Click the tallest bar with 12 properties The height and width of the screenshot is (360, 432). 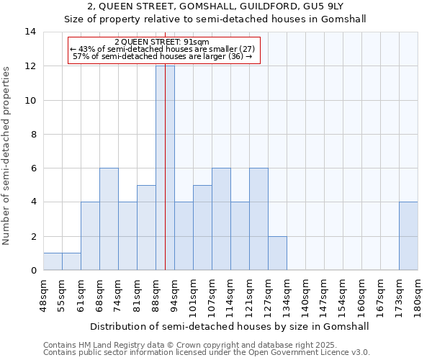click(x=165, y=168)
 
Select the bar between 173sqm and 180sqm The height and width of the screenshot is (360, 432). click(x=408, y=236)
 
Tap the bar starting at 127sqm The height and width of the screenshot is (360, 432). click(x=277, y=253)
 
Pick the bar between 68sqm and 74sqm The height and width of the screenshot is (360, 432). click(x=109, y=219)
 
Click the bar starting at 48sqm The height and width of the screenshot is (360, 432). click(x=53, y=262)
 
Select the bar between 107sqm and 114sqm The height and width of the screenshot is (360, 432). click(x=221, y=219)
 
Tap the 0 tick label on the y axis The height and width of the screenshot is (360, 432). click(x=33, y=271)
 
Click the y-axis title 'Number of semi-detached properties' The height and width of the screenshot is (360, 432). click(x=7, y=156)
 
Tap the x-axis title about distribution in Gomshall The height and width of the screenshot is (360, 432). click(x=230, y=326)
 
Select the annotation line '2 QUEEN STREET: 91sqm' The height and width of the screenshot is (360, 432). click(x=162, y=42)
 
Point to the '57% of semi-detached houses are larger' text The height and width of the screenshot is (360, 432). click(x=162, y=56)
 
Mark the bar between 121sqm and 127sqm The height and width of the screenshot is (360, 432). click(x=258, y=219)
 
